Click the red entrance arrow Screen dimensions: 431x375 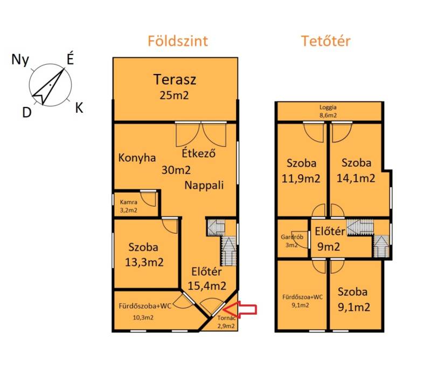(240, 310)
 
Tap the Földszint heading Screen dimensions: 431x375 (178, 41)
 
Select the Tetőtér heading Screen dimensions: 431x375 (326, 41)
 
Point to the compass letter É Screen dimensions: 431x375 (71, 59)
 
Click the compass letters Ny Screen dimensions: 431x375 (20, 60)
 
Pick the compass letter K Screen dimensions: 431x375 (79, 108)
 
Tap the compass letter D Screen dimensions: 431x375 (26, 112)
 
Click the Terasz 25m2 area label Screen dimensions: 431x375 (175, 87)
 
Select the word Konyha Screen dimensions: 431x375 (137, 158)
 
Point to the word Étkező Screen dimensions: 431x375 (198, 153)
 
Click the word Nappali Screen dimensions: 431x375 (204, 185)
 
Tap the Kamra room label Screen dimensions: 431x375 (129, 202)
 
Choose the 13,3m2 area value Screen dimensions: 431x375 (144, 262)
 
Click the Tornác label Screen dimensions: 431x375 (226, 318)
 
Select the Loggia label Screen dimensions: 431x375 (328, 107)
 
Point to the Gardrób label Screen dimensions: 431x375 (292, 237)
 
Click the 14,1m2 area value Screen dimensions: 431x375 (356, 178)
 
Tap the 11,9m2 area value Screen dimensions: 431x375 (301, 179)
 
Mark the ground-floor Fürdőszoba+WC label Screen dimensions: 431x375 (145, 306)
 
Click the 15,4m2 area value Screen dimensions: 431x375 (207, 286)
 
